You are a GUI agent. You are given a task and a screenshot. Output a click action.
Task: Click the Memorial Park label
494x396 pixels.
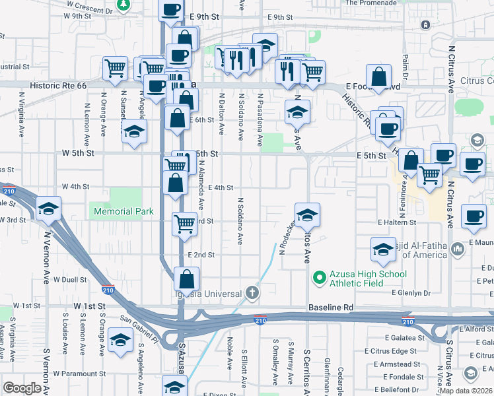pyautogui.click(x=123, y=212)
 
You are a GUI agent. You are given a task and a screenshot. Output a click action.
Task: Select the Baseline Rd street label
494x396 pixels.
pyautogui.click(x=331, y=308)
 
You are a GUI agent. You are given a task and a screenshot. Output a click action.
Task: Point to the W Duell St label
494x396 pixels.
pyautogui.click(x=70, y=280)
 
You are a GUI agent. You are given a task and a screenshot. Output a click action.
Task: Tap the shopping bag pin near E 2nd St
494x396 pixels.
pyautogui.click(x=187, y=279)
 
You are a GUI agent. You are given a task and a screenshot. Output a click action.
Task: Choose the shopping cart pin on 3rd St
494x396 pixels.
pyautogui.click(x=185, y=223)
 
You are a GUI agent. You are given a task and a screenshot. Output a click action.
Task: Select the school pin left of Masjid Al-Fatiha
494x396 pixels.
pyautogui.click(x=383, y=249)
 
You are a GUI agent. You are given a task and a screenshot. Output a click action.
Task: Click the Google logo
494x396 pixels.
pyautogui.click(x=22, y=388)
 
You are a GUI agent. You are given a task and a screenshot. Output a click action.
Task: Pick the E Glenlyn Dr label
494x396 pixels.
pyautogui.click(x=411, y=292)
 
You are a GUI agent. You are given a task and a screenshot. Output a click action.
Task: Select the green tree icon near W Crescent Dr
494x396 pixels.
pyautogui.click(x=123, y=5)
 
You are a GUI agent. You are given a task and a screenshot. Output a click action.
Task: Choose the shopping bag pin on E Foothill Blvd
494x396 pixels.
pyautogui.click(x=380, y=77)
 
